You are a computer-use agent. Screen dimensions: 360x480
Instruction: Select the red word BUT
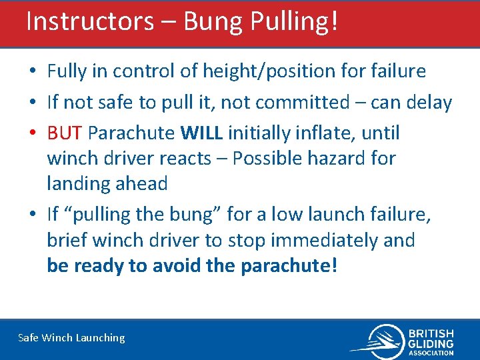(x=65, y=133)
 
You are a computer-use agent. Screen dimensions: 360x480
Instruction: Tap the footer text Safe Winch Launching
(x=71, y=337)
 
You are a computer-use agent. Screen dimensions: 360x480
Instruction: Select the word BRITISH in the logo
(x=431, y=333)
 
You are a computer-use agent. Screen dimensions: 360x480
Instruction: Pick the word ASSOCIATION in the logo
(x=431, y=353)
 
